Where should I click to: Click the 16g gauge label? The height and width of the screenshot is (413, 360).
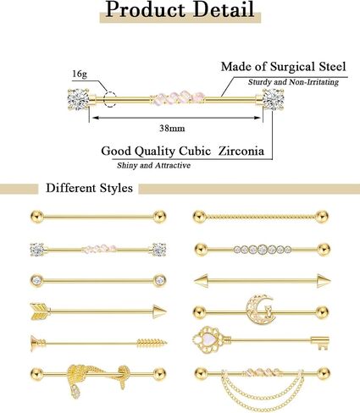pos(80,74)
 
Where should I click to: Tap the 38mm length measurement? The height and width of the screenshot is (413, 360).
pos(172,129)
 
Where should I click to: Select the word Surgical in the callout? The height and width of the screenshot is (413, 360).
pos(293,67)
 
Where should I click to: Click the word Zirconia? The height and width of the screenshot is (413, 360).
pos(241,151)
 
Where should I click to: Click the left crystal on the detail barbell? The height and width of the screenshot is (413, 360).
pos(78,99)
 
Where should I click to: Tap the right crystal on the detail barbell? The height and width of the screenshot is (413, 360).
pos(273,99)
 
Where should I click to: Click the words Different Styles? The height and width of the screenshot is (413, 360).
pos(89,188)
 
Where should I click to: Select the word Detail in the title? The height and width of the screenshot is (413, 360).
pos(224,10)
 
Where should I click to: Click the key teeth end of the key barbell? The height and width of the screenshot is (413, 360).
pos(320,343)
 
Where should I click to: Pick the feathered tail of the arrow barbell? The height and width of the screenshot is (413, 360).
pos(40,311)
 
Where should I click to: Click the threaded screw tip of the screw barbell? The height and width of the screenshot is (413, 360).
pos(152,343)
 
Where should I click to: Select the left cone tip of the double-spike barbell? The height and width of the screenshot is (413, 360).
pos(200,281)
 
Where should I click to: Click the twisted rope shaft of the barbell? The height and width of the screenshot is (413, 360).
pos(262,217)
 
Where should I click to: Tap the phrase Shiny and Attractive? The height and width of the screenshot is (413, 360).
pos(153,165)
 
